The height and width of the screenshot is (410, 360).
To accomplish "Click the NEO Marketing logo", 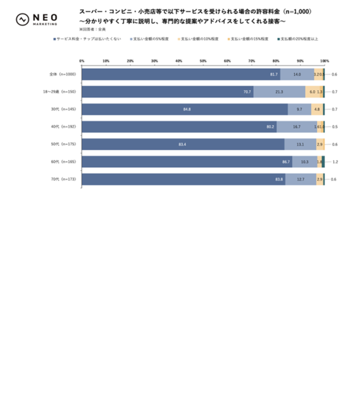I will pos(37,19).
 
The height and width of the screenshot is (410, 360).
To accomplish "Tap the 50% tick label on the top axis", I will pos(203,61).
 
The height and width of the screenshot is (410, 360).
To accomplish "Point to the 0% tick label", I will pos(82,61).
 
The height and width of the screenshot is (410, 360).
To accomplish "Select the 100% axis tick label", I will pos(325,61).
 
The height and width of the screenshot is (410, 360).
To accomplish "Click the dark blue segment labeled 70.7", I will pos(167,92).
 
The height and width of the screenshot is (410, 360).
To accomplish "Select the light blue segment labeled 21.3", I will pos(279,92).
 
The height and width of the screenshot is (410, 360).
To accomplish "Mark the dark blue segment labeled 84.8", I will pos(184,110).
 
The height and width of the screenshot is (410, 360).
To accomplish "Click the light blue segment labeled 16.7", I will pos(296,127).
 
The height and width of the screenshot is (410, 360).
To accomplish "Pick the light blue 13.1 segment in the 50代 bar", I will pos(300,144).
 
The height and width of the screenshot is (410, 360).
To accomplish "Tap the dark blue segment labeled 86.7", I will pos(187,162).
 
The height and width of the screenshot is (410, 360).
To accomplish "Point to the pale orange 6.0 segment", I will pos(312,92).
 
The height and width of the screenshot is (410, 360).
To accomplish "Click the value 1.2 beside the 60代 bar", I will pos(335,162).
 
